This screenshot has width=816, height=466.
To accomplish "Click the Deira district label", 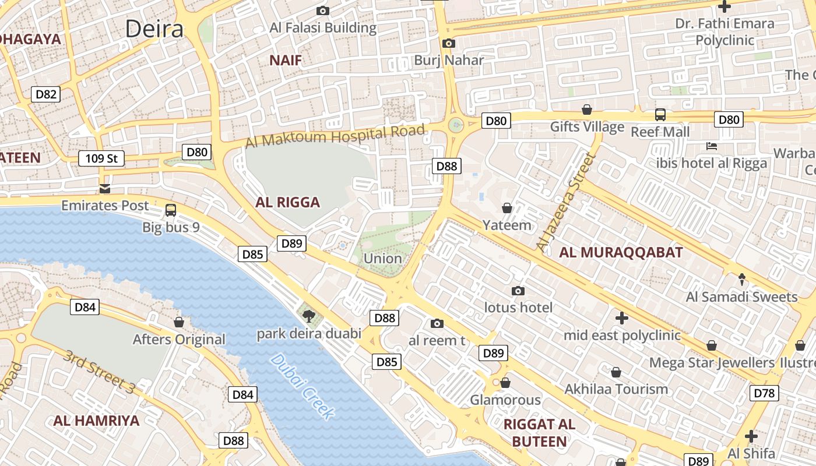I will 154,29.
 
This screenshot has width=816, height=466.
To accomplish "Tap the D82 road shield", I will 46,94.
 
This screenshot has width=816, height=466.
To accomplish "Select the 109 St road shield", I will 101,158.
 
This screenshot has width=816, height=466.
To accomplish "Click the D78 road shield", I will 764,393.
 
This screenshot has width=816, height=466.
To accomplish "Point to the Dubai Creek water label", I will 303,387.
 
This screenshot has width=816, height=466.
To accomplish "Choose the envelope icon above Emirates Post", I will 105,188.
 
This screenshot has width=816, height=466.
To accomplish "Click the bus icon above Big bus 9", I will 171,210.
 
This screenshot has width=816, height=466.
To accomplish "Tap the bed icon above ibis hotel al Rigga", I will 711,146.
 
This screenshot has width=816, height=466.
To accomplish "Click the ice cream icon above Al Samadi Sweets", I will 741,280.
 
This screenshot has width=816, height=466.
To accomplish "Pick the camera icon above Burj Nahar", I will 448,43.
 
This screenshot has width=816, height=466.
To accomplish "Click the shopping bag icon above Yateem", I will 507,208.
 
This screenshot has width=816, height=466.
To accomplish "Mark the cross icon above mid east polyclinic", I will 622,318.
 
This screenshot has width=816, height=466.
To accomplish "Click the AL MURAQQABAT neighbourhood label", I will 621,252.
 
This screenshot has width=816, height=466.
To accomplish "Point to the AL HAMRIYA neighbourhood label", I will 97,421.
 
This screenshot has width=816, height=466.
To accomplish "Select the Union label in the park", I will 382,258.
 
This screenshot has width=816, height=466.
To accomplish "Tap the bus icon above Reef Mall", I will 660,115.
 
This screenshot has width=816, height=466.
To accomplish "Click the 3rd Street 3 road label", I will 99,372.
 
